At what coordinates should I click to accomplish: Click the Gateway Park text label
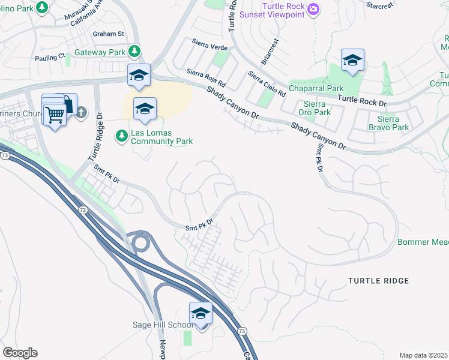click(x=100, y=52)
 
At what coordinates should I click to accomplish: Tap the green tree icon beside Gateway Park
click(x=136, y=52)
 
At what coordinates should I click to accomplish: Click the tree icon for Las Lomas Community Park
click(x=122, y=136)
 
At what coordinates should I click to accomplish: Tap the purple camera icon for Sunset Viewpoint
click(x=313, y=8)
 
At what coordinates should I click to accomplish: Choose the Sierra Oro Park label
click(x=315, y=107)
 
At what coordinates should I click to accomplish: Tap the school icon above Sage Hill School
click(x=200, y=313)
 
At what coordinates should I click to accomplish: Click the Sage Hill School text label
click(x=163, y=325)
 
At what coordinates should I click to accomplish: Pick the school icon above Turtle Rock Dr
click(x=352, y=60)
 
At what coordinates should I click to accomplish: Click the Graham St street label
click(x=108, y=34)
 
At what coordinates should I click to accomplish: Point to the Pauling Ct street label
click(x=50, y=56)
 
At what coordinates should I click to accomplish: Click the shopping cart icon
click(x=55, y=114)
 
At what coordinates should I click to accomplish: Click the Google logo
click(x=20, y=353)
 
